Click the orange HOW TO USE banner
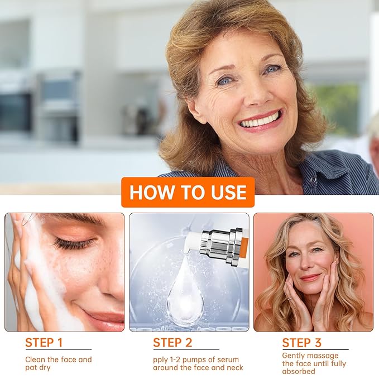point(188,193)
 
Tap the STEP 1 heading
point(44,343)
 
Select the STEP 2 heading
point(172,343)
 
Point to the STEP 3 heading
point(301,343)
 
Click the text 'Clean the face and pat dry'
point(58,363)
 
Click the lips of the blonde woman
point(311,277)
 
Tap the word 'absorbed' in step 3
point(299,371)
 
